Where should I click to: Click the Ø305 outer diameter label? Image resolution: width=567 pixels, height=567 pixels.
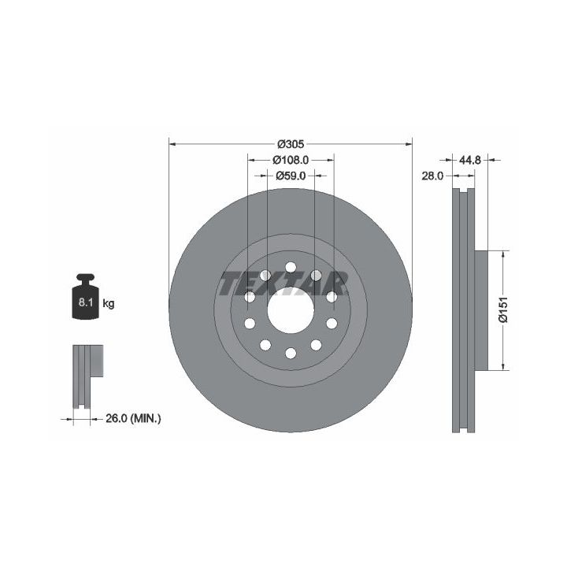(291, 144)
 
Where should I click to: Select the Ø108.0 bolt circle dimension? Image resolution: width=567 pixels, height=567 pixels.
(291, 159)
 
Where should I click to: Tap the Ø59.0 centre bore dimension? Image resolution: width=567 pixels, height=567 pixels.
(291, 176)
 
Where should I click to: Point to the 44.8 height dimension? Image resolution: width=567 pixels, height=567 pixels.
(469, 160)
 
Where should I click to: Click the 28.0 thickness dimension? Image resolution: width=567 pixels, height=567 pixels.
(432, 176)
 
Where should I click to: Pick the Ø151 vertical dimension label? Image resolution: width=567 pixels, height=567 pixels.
(503, 310)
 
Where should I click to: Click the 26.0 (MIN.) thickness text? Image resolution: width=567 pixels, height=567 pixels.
(133, 419)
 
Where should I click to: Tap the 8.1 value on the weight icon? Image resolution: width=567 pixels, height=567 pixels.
(86, 302)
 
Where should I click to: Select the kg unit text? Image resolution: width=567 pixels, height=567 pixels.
(109, 303)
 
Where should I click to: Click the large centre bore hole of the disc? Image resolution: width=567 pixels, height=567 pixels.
(291, 310)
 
